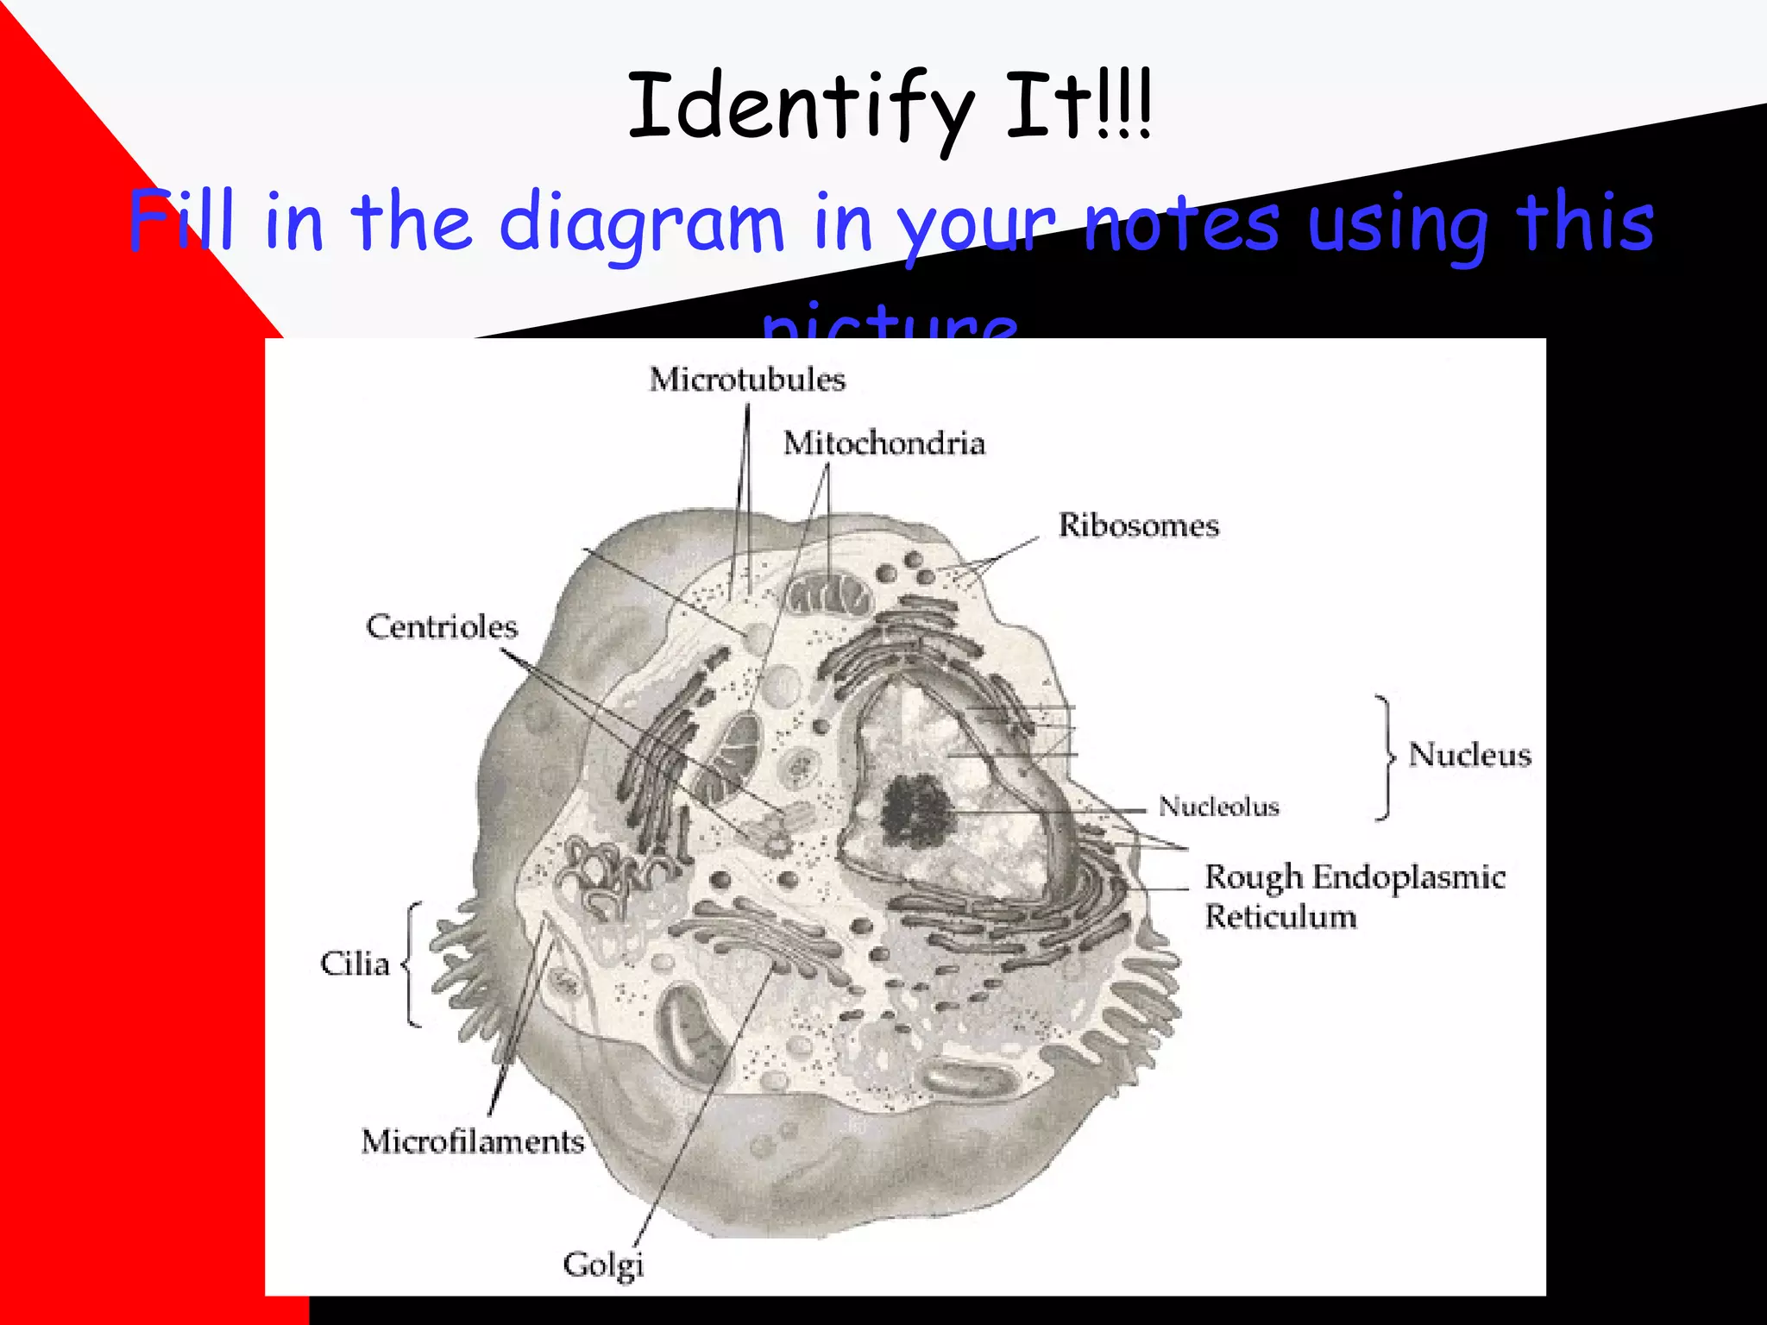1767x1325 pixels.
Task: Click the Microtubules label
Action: pyautogui.click(x=747, y=380)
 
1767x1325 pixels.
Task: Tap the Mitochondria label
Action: pyautogui.click(x=883, y=443)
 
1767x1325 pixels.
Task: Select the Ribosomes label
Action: pyautogui.click(x=1138, y=525)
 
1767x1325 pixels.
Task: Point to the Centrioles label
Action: pyautogui.click(x=442, y=626)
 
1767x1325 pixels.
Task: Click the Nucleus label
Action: pyautogui.click(x=1469, y=755)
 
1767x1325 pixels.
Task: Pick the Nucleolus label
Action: pyautogui.click(x=1218, y=807)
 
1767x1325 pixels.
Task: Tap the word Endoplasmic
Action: pyautogui.click(x=1409, y=877)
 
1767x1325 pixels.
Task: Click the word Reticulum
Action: pyautogui.click(x=1280, y=916)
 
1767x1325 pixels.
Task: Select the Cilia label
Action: pyautogui.click(x=355, y=964)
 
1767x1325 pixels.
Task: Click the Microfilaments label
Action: pyautogui.click(x=473, y=1141)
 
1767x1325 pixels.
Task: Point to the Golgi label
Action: pyautogui.click(x=603, y=1265)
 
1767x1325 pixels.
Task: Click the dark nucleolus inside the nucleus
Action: pyautogui.click(x=916, y=811)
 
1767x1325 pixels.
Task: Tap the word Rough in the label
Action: pyautogui.click(x=1253, y=877)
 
